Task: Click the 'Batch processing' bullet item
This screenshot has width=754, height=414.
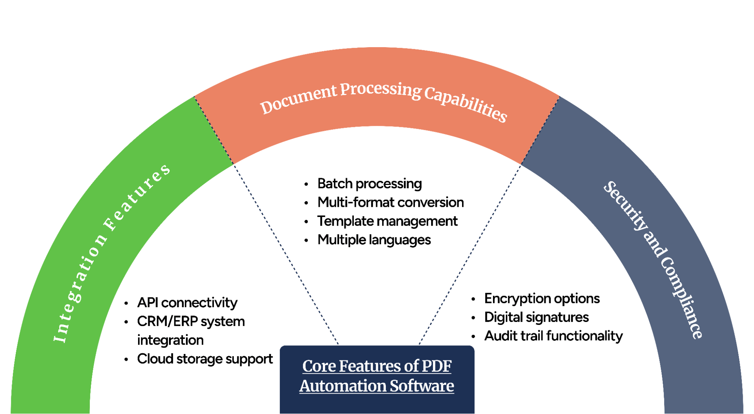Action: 369,184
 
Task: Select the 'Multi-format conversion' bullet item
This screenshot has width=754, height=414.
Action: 390,203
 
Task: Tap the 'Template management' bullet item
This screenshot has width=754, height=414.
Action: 387,221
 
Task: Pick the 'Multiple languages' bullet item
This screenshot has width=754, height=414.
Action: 374,240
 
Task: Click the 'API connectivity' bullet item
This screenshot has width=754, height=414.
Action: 187,303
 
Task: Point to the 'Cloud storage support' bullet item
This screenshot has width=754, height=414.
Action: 205,359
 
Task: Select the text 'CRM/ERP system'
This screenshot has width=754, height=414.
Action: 191,322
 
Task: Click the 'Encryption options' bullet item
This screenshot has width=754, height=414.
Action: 542,299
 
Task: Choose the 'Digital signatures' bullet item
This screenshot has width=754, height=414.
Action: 536,317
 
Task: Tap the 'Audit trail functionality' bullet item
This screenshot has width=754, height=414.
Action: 553,336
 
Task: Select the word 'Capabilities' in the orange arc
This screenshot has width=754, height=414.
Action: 465,103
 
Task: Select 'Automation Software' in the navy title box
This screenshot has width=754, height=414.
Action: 376,386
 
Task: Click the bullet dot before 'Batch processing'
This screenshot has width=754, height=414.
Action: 306,184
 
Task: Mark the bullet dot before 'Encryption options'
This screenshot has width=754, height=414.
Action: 473,299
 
